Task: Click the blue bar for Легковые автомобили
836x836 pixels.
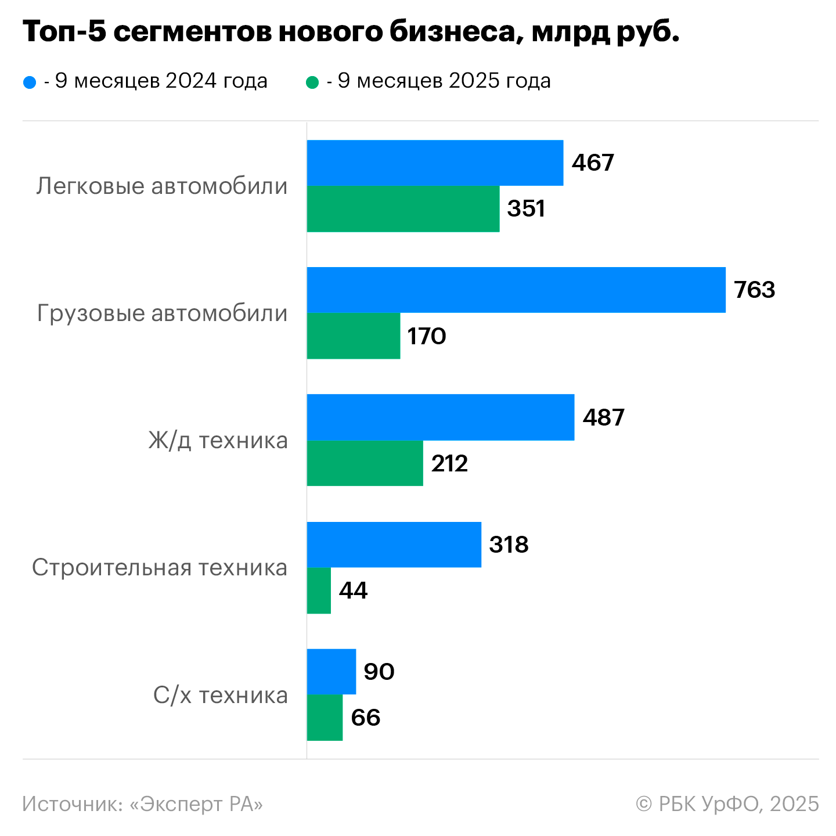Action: [435, 163]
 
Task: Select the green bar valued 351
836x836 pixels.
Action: [403, 209]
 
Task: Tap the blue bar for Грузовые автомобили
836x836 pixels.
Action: [516, 290]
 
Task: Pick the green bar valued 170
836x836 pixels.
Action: [353, 336]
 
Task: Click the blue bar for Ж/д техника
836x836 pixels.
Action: [440, 417]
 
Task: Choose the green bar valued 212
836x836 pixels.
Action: [365, 463]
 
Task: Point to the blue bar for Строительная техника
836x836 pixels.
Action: [394, 545]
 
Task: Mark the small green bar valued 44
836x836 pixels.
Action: [319, 590]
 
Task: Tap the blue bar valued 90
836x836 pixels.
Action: [331, 672]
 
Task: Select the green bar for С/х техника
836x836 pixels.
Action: [325, 718]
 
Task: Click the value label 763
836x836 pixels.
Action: [754, 290]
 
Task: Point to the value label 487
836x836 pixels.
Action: [603, 417]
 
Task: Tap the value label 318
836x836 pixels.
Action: [509, 545]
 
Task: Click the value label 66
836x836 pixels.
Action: [366, 718]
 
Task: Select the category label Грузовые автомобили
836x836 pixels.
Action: [162, 313]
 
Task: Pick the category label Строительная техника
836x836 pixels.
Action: [160, 568]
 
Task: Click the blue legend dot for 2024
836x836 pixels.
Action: [30, 82]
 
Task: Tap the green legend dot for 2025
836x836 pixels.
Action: [312, 82]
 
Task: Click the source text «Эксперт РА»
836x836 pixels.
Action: [196, 804]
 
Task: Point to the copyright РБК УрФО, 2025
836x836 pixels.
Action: [727, 804]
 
